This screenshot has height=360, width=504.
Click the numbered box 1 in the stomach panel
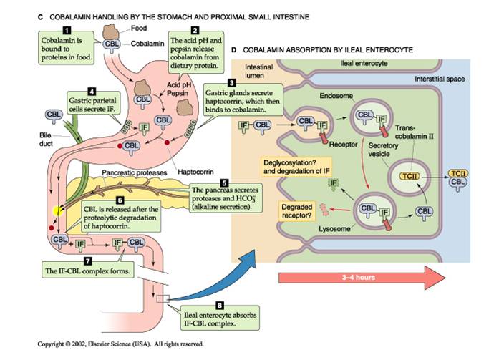[67, 29]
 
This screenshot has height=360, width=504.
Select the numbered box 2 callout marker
[194, 29]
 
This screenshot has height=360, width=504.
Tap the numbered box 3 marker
[231, 84]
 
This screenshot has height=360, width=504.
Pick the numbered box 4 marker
[92, 92]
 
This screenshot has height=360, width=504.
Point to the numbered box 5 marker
[224, 183]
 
